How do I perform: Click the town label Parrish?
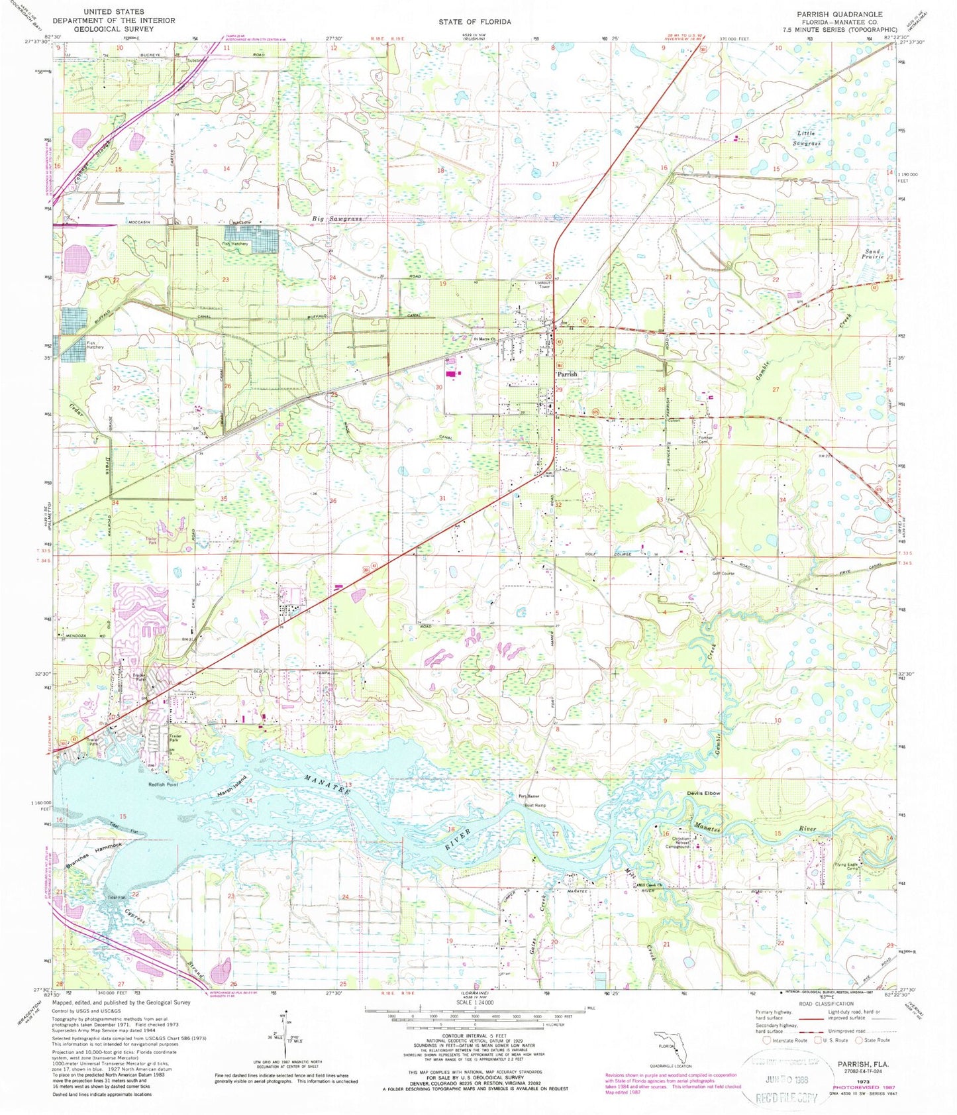(x=567, y=374)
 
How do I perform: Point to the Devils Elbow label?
(x=703, y=794)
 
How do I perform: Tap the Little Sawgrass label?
(x=808, y=138)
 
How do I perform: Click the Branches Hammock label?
(x=95, y=856)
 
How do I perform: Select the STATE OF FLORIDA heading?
(x=474, y=22)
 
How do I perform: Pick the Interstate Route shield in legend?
(x=766, y=1040)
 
